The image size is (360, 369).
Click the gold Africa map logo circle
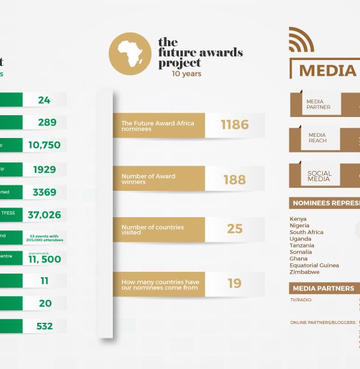coord(130,54)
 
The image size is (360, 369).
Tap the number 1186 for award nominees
coord(234,125)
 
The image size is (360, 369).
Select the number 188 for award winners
coord(234,179)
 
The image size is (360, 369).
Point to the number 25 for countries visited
coord(234,229)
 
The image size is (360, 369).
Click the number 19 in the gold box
coord(234,283)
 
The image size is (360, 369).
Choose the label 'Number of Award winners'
coord(148,179)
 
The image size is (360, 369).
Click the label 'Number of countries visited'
coord(152,229)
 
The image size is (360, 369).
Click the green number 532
coord(44,326)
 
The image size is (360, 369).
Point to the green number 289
coord(46,122)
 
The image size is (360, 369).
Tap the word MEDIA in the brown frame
coord(328,70)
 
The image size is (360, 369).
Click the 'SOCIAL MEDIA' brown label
coord(319,176)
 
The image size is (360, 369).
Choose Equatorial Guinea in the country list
coord(314,265)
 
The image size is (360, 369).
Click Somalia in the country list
coord(301,252)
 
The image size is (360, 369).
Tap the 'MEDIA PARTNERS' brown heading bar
coord(324,289)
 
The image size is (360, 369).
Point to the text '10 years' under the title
coord(187,74)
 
